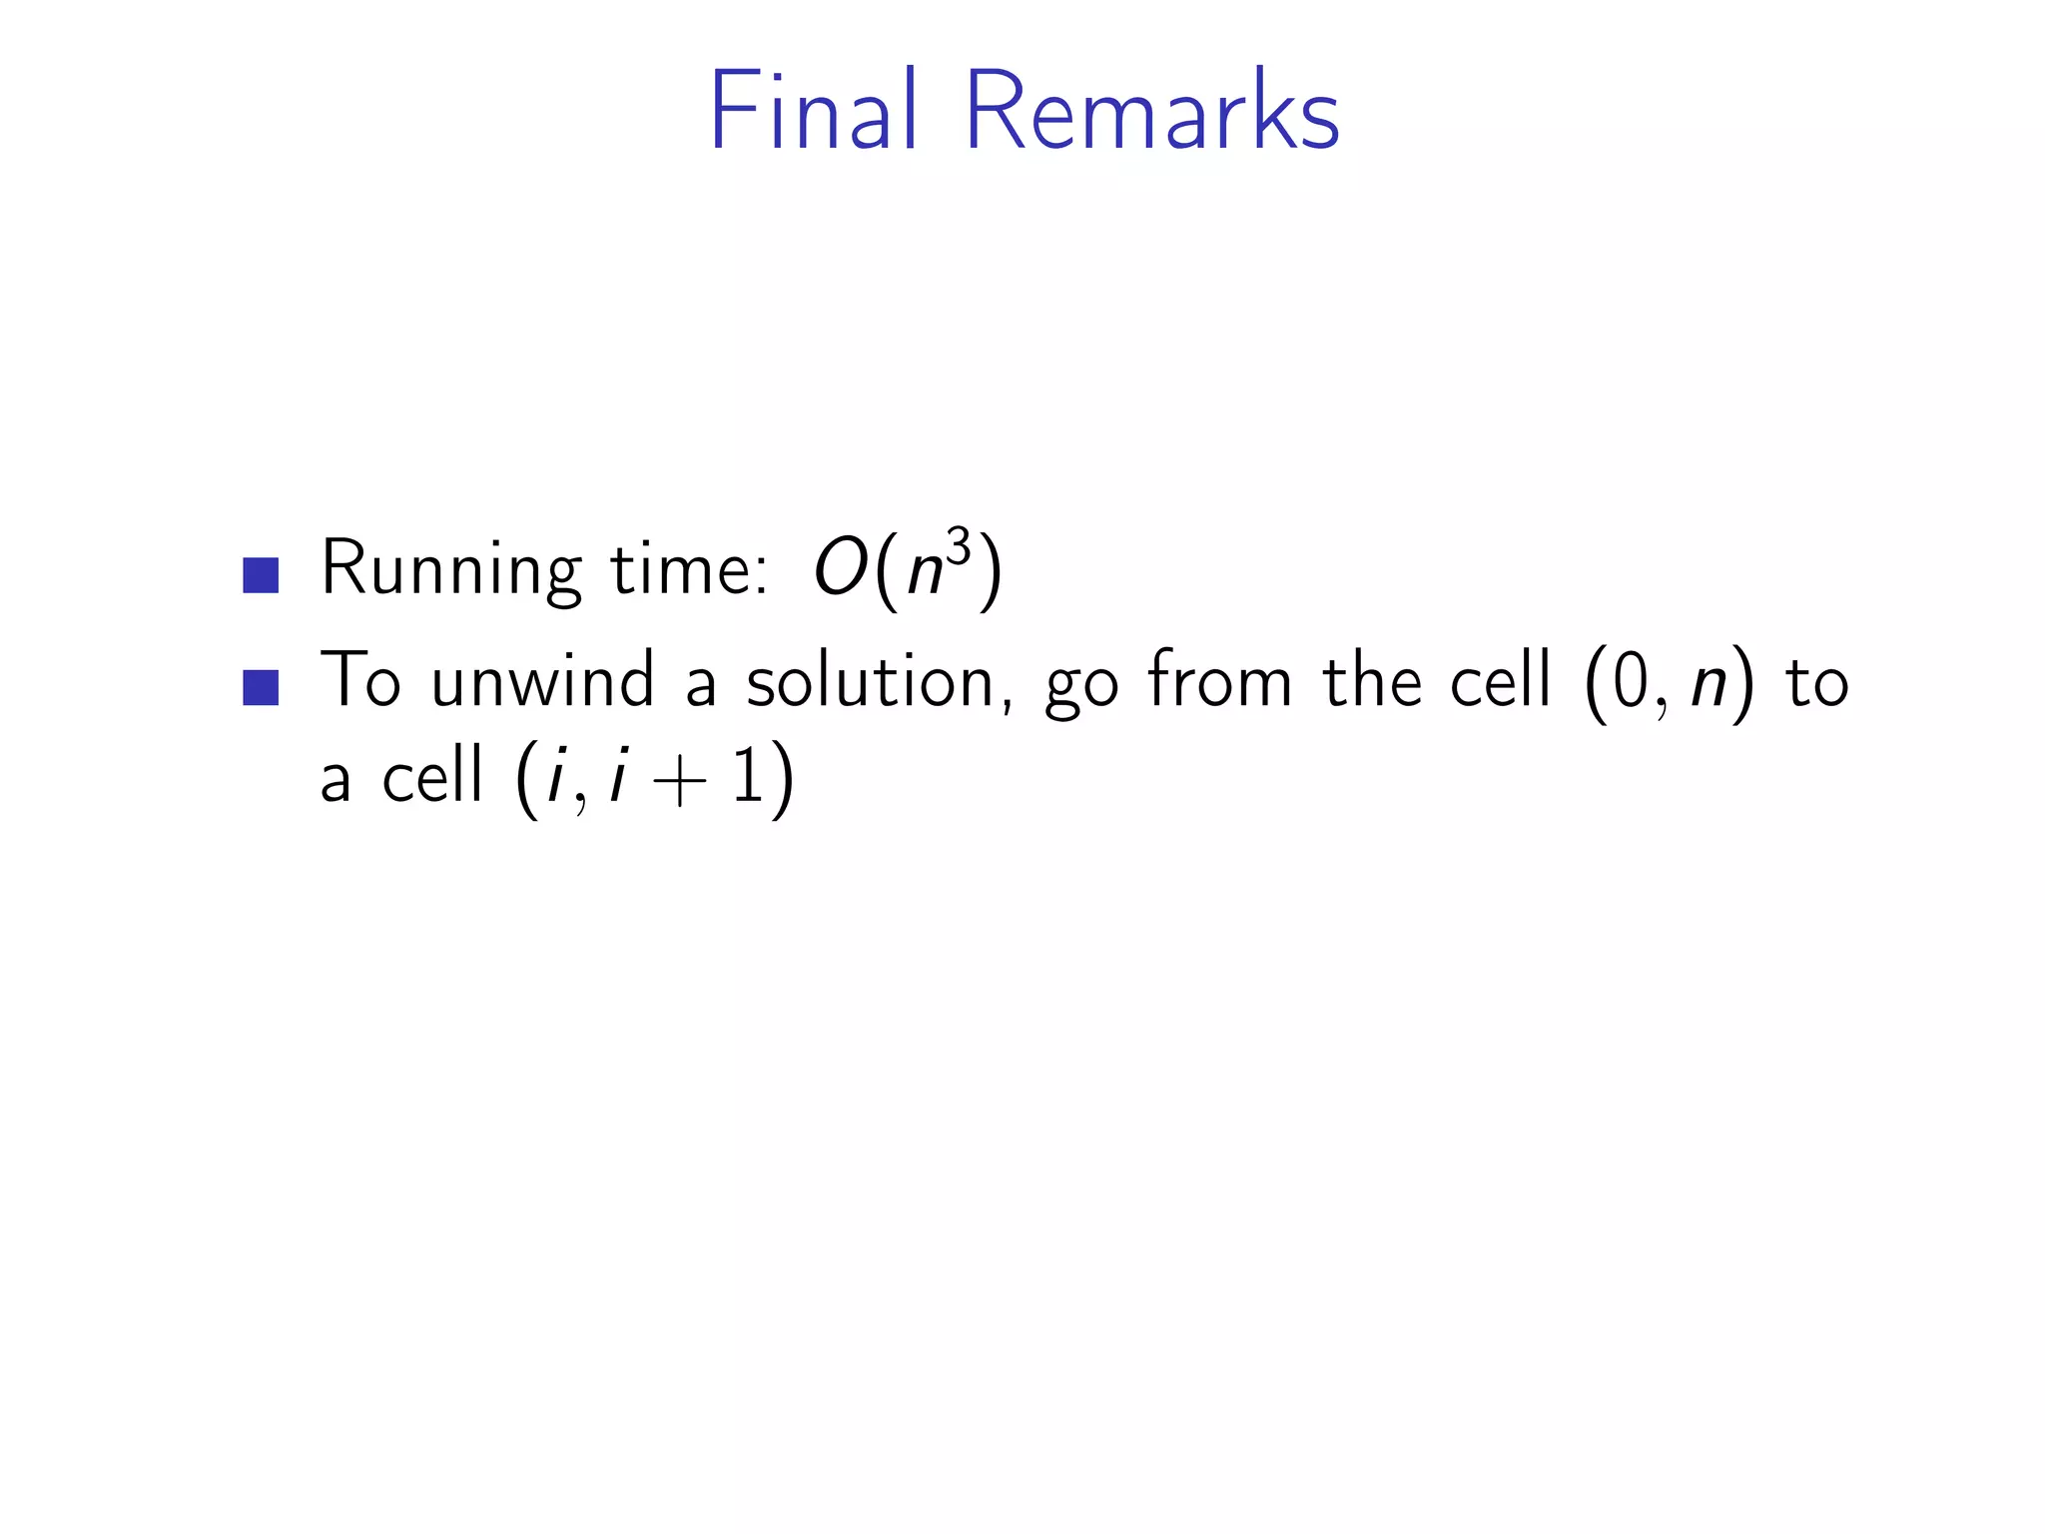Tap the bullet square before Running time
(261, 575)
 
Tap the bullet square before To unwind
(261, 687)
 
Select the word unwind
(542, 681)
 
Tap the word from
(1219, 681)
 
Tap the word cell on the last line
(432, 776)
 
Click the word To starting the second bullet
(360, 681)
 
